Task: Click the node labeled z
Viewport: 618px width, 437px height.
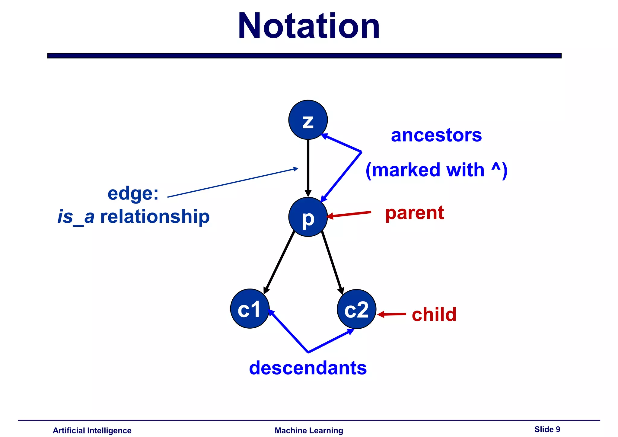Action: click(308, 120)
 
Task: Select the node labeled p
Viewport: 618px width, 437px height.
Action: click(308, 217)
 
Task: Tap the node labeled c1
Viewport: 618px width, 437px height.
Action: click(250, 309)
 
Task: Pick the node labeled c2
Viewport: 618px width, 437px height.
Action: click(356, 309)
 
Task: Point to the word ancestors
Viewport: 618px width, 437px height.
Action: click(436, 135)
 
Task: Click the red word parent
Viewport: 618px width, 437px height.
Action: click(414, 213)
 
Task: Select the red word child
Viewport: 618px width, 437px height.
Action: click(434, 314)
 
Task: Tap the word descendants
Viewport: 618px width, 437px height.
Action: click(308, 368)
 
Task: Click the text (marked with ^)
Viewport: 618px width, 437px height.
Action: click(436, 170)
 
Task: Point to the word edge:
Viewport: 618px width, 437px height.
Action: click(133, 193)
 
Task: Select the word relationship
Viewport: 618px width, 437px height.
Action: click(154, 217)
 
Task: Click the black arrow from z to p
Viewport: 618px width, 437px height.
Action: click(308, 166)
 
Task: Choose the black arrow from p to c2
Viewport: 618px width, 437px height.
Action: click(332, 262)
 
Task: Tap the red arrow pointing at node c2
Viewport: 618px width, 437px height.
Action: click(391, 314)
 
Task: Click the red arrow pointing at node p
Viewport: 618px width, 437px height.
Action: click(349, 214)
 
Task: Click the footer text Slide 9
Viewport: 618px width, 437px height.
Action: click(547, 429)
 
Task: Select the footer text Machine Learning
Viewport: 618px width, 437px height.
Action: click(309, 431)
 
